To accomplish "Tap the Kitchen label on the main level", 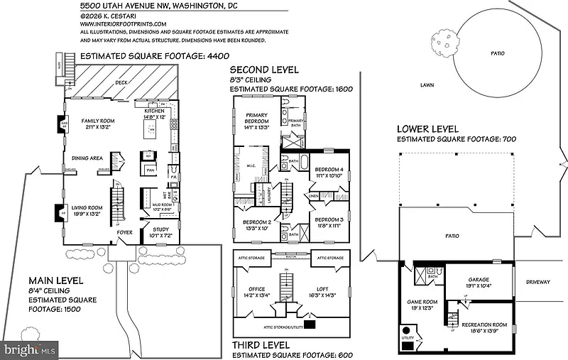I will [x=155, y=112].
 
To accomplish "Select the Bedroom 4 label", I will [x=329, y=169].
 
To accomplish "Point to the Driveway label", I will [x=538, y=282].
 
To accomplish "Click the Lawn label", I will [x=426, y=84].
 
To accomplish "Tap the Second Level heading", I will [x=264, y=70].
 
